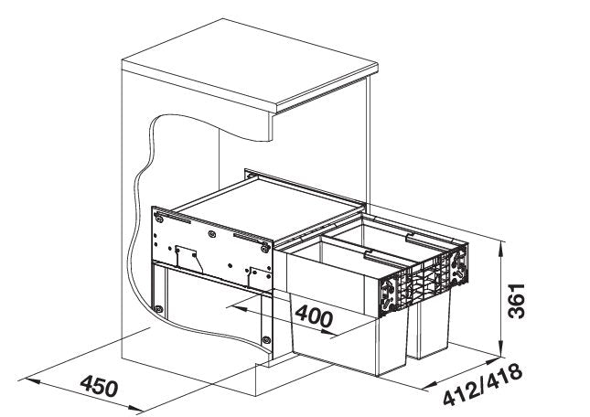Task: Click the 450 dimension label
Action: click(x=99, y=386)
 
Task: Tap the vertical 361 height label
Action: click(x=516, y=301)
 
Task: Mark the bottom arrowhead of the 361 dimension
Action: click(x=501, y=347)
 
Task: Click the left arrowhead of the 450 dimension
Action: click(x=32, y=381)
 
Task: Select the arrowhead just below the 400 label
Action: click(x=327, y=332)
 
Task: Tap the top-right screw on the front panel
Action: click(x=265, y=248)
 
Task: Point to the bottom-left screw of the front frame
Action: click(x=159, y=309)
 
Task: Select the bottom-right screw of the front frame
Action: click(x=266, y=340)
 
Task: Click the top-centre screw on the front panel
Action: click(x=212, y=234)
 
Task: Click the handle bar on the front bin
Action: click(x=384, y=260)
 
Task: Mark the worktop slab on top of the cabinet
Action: click(x=251, y=67)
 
